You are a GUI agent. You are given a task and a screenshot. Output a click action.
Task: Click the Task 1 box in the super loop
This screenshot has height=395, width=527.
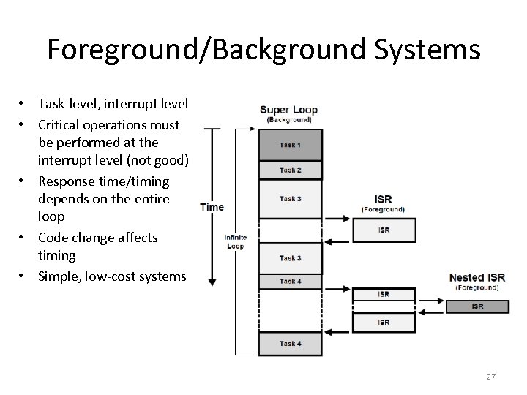290,145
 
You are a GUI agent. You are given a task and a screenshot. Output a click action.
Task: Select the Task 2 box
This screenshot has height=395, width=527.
290,170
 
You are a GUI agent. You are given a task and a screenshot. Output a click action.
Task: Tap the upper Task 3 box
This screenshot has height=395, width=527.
290,199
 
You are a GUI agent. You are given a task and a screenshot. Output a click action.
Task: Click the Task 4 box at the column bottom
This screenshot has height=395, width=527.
290,343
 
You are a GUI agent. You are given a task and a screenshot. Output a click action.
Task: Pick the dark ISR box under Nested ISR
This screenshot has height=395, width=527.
476,306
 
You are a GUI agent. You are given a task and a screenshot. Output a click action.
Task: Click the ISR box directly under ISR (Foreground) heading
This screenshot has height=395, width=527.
384,230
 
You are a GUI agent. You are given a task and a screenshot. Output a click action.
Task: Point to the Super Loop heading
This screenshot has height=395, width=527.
289,110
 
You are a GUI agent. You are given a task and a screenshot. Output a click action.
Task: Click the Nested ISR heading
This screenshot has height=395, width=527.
476,277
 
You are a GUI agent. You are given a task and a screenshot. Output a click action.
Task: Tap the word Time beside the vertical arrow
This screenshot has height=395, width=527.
212,207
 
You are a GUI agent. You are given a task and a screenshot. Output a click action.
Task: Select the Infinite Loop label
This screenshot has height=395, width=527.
236,242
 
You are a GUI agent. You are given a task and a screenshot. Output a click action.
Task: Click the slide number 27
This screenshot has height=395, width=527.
490,377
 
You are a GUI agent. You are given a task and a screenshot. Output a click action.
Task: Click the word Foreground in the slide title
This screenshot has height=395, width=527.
124,50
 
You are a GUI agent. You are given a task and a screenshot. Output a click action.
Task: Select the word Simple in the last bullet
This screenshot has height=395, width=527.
59,276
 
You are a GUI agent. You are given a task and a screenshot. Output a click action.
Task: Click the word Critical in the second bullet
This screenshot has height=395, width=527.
62,124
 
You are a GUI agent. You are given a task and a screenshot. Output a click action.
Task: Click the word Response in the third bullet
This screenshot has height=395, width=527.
67,181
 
